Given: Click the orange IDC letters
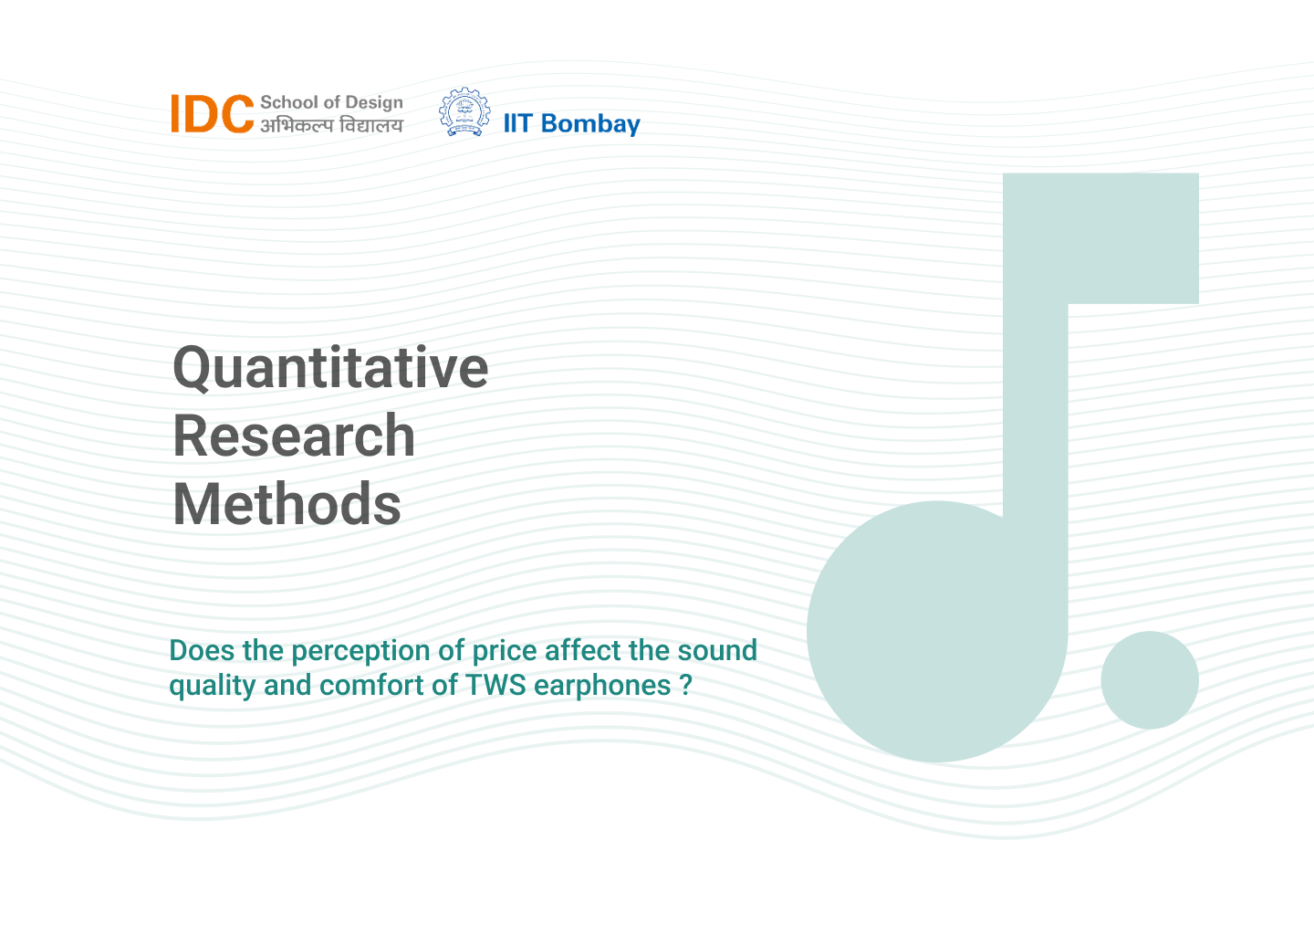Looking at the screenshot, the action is coord(213,113).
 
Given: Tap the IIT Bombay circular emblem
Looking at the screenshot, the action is coord(464,111).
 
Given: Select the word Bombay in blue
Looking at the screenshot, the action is coord(590,124).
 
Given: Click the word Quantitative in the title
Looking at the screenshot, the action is coord(330,369).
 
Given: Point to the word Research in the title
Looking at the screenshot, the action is coord(294,436).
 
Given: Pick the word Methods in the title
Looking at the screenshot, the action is coord(287,504).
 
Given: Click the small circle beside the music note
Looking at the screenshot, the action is coord(1149,680).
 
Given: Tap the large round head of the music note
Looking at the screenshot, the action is coord(937,632).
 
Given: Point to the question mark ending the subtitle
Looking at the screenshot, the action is coord(686,686).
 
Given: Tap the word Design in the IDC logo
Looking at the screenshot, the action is coord(374,102).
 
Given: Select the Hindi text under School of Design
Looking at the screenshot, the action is coord(331,125).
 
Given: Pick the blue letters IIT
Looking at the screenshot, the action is coord(518,124).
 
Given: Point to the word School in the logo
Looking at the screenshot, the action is coord(289,102).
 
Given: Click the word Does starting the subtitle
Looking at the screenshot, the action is coord(202,651).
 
